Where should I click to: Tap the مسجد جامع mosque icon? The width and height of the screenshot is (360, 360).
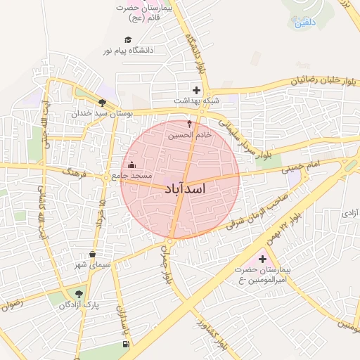131,165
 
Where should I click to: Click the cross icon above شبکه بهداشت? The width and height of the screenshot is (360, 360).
197,90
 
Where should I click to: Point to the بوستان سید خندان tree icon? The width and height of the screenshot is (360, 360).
102,103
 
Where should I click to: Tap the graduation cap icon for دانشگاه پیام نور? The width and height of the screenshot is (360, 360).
128,40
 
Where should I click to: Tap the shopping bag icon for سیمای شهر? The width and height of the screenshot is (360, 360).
92,255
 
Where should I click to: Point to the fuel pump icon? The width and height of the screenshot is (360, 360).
125,344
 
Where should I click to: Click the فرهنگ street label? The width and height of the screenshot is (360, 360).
71,172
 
